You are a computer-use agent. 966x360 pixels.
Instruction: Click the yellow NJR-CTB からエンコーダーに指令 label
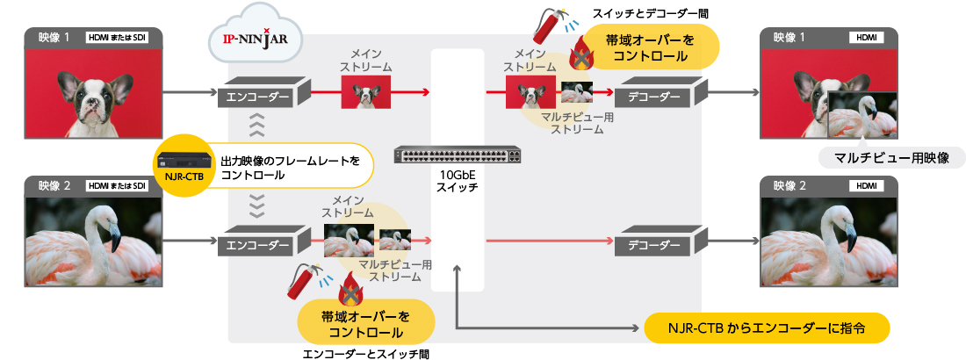pos(767,329)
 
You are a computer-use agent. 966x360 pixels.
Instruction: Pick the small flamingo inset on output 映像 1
pos(862,115)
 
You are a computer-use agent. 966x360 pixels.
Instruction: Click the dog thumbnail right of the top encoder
pos(366,91)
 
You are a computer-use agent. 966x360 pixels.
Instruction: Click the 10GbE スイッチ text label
pos(458,181)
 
